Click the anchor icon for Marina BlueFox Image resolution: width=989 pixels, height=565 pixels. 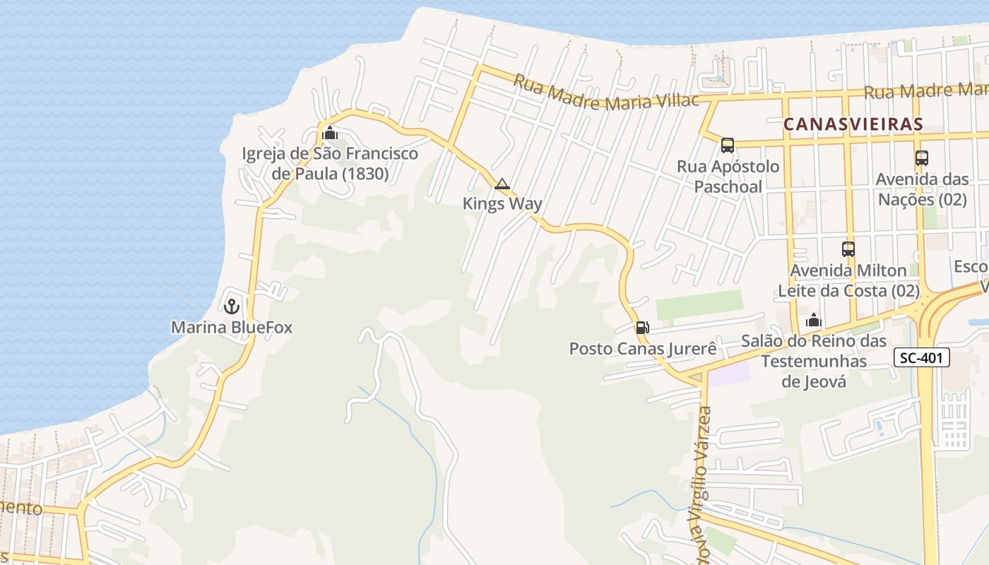tap(231, 307)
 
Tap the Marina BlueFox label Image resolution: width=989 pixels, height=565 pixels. tap(232, 328)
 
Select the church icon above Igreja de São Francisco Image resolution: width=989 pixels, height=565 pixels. tap(329, 133)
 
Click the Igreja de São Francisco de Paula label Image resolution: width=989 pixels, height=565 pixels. tap(330, 163)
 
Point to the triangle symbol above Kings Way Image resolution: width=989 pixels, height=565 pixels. tap(502, 184)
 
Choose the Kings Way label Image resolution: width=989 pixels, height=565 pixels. tap(502, 204)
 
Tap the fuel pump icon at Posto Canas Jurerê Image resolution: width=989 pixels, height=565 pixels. tap(642, 328)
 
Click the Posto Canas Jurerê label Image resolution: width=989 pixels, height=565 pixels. tap(643, 348)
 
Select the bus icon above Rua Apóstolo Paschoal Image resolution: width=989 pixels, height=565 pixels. tap(728, 145)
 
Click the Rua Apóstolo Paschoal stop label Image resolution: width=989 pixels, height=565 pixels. tap(728, 177)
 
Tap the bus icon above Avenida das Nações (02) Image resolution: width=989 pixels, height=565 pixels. tap(921, 158)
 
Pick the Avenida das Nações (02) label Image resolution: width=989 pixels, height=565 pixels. tap(921, 189)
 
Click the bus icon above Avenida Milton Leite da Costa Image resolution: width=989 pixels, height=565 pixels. tap(848, 249)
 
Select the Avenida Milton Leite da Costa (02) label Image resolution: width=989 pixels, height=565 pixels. tap(848, 280)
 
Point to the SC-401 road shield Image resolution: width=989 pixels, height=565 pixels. tap(922, 357)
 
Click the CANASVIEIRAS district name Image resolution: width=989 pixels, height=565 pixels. tap(853, 124)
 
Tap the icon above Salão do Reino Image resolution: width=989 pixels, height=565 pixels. tap(814, 321)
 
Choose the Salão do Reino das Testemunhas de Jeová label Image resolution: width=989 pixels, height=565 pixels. tap(814, 361)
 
